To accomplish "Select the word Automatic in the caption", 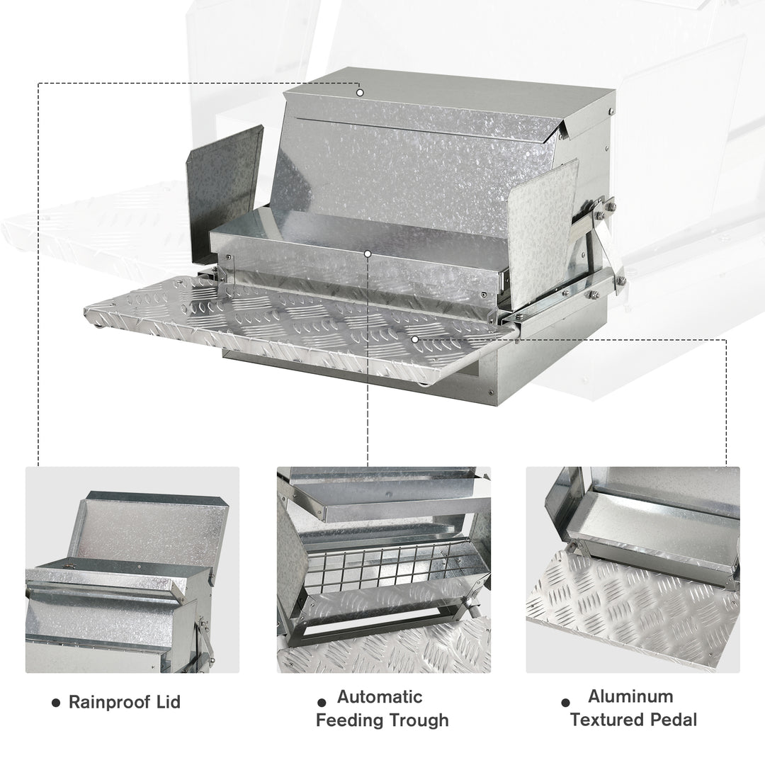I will pos(380,697).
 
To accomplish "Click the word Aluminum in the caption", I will pos(630,697).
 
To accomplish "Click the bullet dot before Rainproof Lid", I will pos(56,703).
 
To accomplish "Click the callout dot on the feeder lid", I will pos(360,92).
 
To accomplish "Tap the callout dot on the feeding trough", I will pos(368,253).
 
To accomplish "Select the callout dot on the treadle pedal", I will pos(415,339).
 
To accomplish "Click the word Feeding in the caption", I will pos(350,721).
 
